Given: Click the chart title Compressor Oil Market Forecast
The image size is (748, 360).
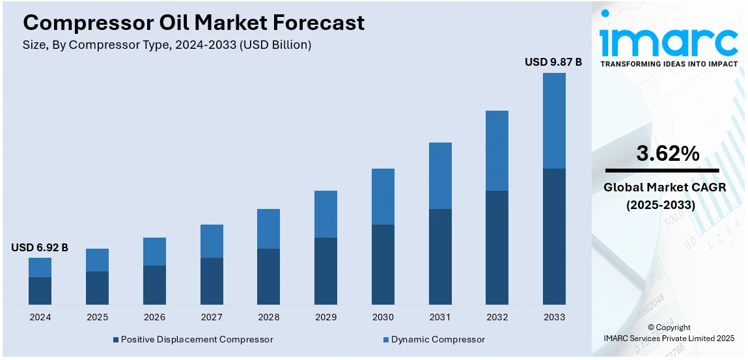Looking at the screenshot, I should [x=193, y=23].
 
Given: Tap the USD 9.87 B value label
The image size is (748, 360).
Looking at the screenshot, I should [x=553, y=62].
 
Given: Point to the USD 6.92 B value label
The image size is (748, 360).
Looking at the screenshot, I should [x=40, y=247].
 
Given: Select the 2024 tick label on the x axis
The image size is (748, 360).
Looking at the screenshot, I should [x=40, y=317].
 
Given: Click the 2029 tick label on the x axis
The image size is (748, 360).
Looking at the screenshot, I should [x=326, y=317].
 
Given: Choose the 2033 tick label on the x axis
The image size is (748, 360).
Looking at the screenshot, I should [x=554, y=317].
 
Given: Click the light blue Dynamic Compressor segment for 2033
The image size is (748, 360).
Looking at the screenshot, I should [x=554, y=120].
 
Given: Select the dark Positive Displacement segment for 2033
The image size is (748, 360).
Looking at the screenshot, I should [x=554, y=236].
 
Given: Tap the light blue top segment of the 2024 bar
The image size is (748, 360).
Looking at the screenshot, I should [x=40, y=268].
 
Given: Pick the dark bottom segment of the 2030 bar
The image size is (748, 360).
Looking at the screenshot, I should [x=383, y=264].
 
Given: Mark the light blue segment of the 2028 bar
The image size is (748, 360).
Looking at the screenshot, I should [x=268, y=228].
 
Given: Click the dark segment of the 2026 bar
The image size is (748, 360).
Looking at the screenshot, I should [x=154, y=284].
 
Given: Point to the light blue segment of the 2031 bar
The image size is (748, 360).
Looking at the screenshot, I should [x=440, y=176].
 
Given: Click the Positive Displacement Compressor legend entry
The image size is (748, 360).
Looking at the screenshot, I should [x=193, y=339].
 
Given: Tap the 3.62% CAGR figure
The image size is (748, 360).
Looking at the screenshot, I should [x=667, y=154].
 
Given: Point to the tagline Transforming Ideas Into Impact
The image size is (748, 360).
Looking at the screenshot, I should [x=669, y=64].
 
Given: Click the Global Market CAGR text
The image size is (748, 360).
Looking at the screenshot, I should [x=665, y=187].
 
